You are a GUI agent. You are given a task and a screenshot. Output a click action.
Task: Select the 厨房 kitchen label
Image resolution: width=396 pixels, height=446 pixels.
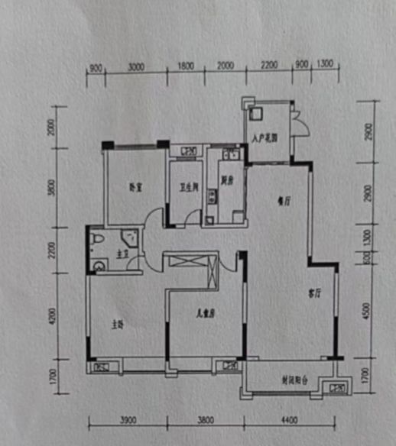click(227, 182)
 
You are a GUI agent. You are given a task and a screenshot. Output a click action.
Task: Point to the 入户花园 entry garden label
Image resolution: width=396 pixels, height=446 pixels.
click(264, 139)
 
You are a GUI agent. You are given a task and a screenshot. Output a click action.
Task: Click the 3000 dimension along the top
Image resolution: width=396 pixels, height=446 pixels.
click(136, 67)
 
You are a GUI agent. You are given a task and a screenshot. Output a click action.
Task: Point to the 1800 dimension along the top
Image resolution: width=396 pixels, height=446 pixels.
click(186, 67)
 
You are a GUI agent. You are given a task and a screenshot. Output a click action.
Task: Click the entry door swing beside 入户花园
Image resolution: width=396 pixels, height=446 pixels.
click(300, 124)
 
